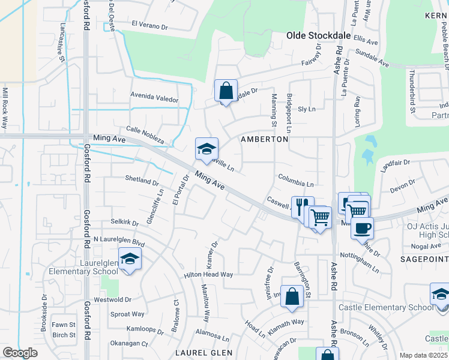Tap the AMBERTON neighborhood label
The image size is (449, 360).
point(264,139)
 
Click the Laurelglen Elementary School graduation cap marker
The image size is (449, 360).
point(129,259)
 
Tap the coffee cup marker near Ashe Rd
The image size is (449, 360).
point(362,228)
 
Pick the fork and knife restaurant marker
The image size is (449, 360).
point(303,206)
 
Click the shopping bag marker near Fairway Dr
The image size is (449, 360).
point(226,92)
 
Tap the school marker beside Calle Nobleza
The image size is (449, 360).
point(206,149)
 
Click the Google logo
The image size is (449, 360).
point(20,353)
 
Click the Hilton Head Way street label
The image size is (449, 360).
point(208,274)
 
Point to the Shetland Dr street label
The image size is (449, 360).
point(142,179)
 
